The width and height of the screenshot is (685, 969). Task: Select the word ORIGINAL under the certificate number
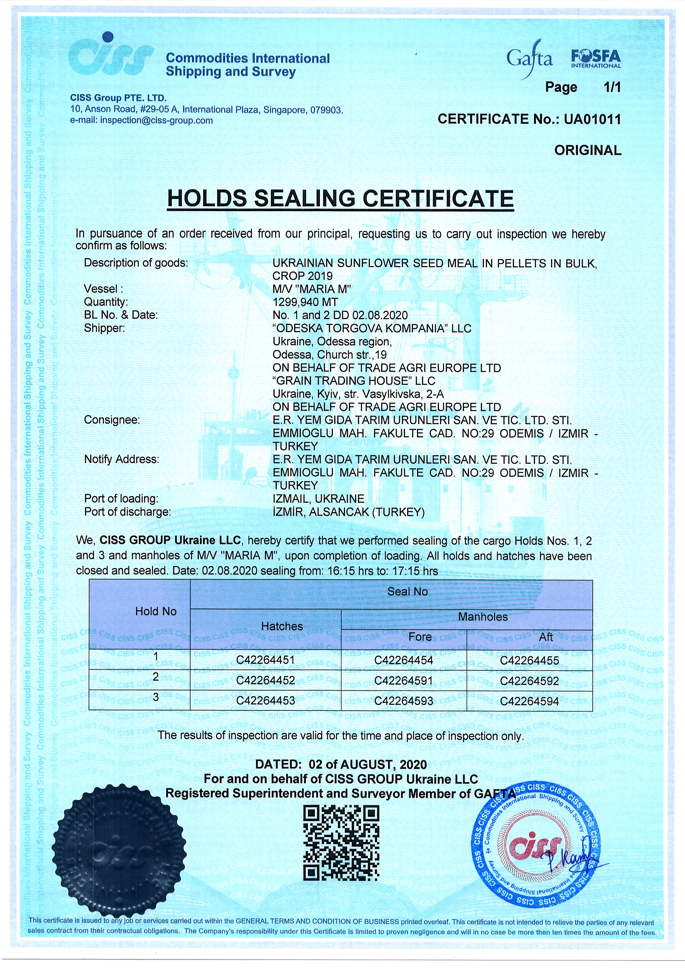click(x=587, y=150)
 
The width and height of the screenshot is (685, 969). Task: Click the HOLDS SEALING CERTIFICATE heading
click(x=340, y=198)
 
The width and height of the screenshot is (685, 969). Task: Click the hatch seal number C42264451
click(x=265, y=660)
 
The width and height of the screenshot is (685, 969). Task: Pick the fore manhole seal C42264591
click(x=404, y=681)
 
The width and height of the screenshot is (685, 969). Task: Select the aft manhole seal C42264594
click(x=529, y=701)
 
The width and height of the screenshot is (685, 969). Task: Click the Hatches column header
click(x=282, y=626)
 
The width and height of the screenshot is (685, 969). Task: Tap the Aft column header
click(x=546, y=637)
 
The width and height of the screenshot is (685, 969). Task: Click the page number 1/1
click(x=612, y=87)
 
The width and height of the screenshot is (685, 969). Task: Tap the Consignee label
click(x=112, y=420)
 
